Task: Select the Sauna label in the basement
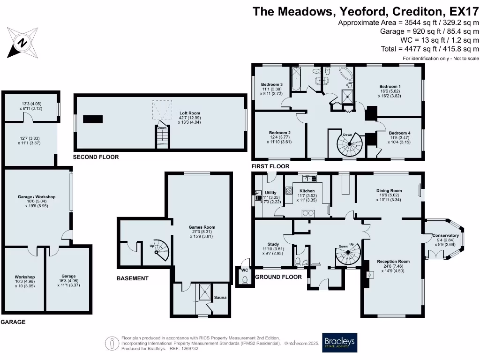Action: (220, 297)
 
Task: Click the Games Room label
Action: (202, 227)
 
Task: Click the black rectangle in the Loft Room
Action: (93, 119)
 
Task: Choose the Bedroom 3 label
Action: (272, 84)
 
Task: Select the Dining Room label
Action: (389, 191)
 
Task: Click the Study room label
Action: (273, 244)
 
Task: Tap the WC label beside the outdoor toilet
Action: (244, 270)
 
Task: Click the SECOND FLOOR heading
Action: (96, 157)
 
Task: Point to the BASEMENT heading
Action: (132, 278)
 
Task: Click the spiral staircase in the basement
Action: (160, 249)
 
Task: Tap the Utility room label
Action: (270, 193)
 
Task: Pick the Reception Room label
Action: (393, 262)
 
